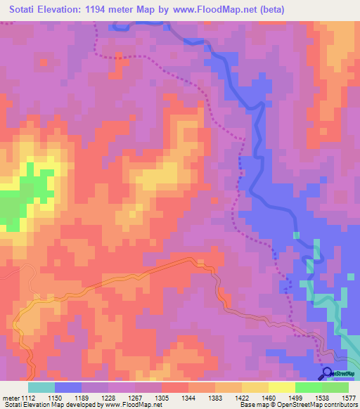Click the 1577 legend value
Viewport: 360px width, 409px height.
pos(349,398)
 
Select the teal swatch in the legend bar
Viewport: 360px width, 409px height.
pos(41,387)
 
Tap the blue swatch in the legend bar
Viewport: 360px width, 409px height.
pos(68,387)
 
